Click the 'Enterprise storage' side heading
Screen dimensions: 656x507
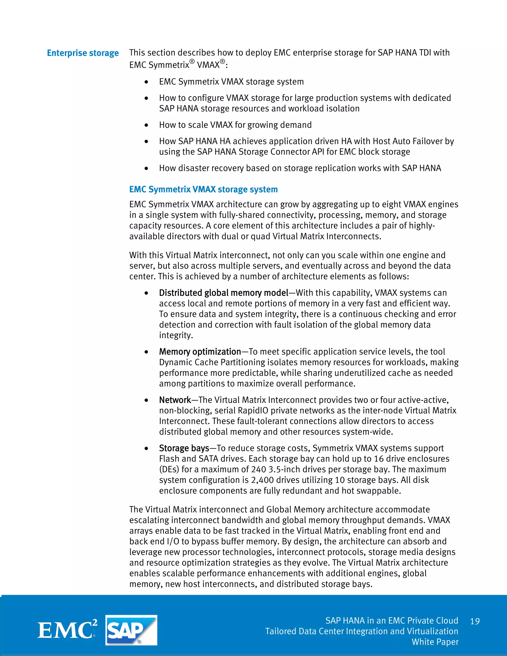coord(83,53)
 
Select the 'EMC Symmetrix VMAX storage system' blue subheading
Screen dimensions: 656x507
coord(203,190)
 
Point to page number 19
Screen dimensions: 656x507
coord(475,621)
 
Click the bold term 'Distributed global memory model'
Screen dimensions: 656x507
coord(224,293)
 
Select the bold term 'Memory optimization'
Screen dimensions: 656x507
coord(200,352)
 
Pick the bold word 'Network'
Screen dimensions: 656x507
coord(175,400)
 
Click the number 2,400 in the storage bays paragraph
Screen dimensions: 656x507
coord(262,480)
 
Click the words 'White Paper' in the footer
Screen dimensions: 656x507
coord(435,642)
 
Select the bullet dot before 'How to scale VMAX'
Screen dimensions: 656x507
coord(146,125)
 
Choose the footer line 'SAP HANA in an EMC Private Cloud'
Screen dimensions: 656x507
coord(392,621)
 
